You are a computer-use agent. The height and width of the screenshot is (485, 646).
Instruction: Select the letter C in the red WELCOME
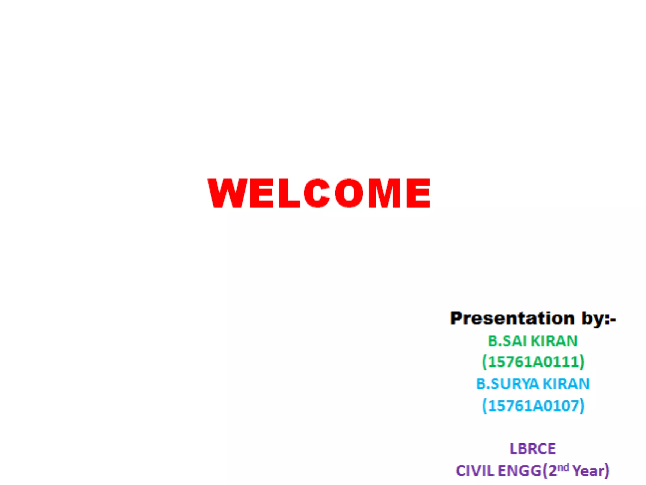[317, 193]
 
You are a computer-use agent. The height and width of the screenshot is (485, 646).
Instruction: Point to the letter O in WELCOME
[349, 193]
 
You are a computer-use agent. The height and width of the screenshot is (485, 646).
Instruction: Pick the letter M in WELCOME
[384, 193]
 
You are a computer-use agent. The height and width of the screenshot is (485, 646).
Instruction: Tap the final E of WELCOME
[418, 193]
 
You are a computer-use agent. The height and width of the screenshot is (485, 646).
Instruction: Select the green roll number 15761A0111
[533, 362]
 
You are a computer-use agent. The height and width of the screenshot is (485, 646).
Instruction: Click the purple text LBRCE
[533, 449]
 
